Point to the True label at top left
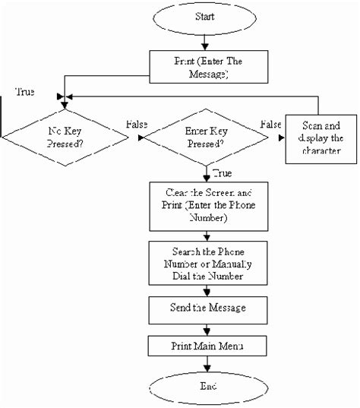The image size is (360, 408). (24, 92)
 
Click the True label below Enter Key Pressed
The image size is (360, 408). (223, 172)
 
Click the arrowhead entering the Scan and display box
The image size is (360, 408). (281, 138)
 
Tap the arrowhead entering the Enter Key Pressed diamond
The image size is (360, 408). (141, 138)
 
